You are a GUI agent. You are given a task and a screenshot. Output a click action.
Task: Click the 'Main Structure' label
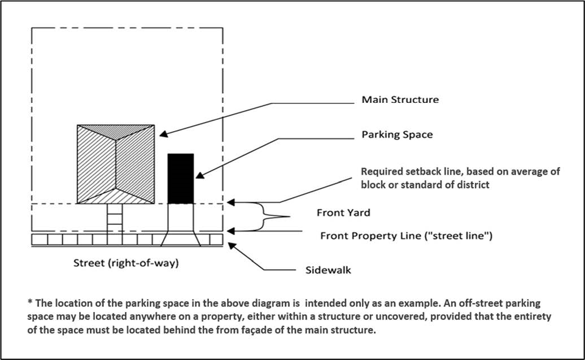[400, 100]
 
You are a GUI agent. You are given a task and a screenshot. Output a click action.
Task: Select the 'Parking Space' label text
[397, 135]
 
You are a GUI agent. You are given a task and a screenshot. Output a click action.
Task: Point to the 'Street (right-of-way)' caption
[126, 263]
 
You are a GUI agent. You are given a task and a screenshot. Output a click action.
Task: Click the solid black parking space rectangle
[181, 178]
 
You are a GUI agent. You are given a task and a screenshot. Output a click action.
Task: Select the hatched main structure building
[116, 164]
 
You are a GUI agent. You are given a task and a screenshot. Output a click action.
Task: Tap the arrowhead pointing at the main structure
[161, 135]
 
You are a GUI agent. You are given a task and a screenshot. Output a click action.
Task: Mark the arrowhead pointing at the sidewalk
[230, 244]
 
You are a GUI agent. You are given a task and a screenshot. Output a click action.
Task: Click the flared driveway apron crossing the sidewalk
[180, 240]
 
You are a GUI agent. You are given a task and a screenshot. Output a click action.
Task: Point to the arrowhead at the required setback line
[230, 202]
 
